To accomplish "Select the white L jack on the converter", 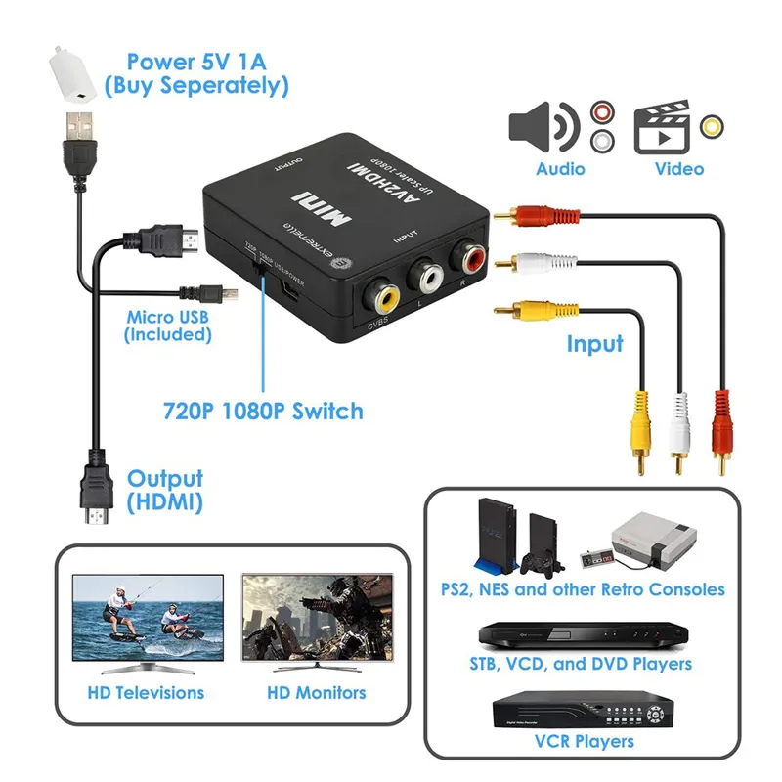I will [426, 276].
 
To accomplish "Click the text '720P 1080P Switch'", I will [263, 411].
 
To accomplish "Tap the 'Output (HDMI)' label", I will [165, 491].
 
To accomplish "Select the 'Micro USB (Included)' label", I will [168, 326].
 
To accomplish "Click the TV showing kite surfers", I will [148, 622].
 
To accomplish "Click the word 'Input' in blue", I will [594, 344].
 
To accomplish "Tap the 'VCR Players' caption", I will [583, 742].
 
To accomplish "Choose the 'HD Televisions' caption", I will [146, 693].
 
